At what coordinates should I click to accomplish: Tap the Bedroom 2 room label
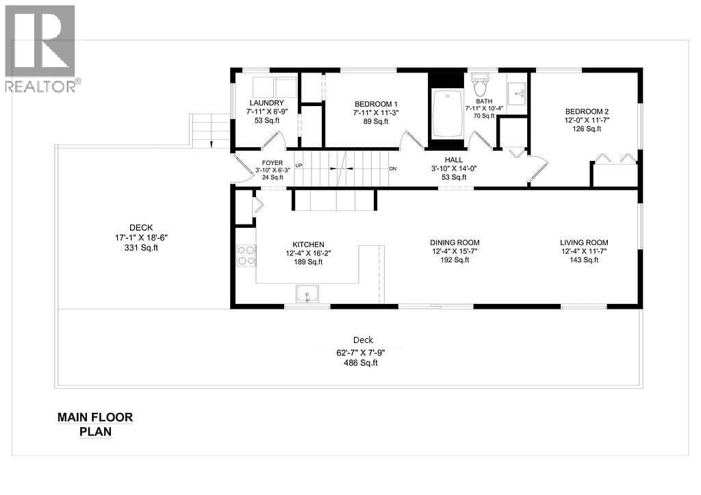tap(587, 112)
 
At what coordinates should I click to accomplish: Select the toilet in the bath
tap(480, 88)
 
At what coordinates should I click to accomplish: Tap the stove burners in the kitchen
tap(246, 255)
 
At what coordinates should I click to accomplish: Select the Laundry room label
tap(266, 103)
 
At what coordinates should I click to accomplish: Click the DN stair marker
tap(392, 168)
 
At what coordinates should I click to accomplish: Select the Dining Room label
tap(455, 242)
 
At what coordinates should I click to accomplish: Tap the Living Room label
tap(584, 242)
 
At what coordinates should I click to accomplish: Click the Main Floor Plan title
tap(95, 424)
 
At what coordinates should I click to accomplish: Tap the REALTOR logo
tap(41, 49)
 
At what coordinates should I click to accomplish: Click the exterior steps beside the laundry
tap(211, 130)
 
